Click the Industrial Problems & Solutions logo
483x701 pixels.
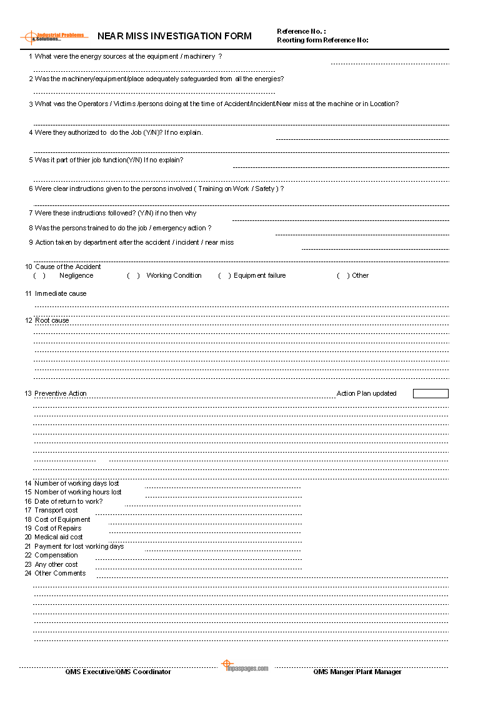54,37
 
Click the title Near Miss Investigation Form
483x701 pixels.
174,36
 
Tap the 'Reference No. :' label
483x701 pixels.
301,31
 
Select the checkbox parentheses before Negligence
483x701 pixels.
39,275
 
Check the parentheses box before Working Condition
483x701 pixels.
133,275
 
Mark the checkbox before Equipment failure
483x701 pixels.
224,275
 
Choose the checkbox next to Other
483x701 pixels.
343,275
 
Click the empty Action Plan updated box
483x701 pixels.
431,393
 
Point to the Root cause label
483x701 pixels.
52,320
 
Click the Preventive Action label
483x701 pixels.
61,393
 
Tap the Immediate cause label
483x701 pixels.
61,293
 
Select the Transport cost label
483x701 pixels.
56,510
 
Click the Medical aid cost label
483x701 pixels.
59,537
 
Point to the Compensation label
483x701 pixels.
56,555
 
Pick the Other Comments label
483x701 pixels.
60,573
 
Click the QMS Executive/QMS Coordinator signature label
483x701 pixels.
118,672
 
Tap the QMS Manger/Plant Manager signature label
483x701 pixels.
357,672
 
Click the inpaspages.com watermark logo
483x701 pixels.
245,667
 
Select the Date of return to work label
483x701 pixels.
69,501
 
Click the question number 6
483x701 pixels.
31,189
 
